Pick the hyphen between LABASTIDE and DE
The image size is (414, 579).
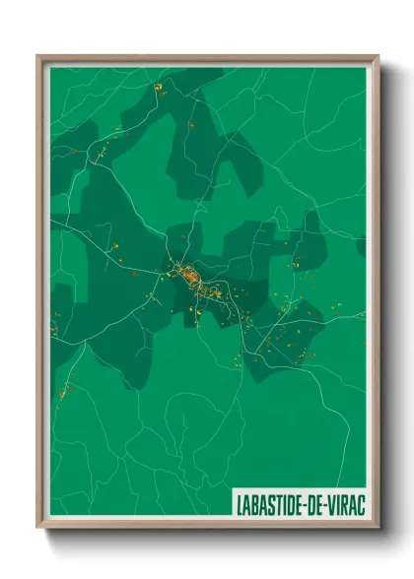pos(303,503)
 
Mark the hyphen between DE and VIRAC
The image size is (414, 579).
pos(325,503)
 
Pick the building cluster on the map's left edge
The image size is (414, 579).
pos(56,320)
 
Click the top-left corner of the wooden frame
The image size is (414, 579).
pos(38,56)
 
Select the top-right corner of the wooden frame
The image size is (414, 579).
pos(378,56)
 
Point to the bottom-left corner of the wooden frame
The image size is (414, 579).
pos(38,527)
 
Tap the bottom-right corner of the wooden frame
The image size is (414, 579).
pos(378,527)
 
